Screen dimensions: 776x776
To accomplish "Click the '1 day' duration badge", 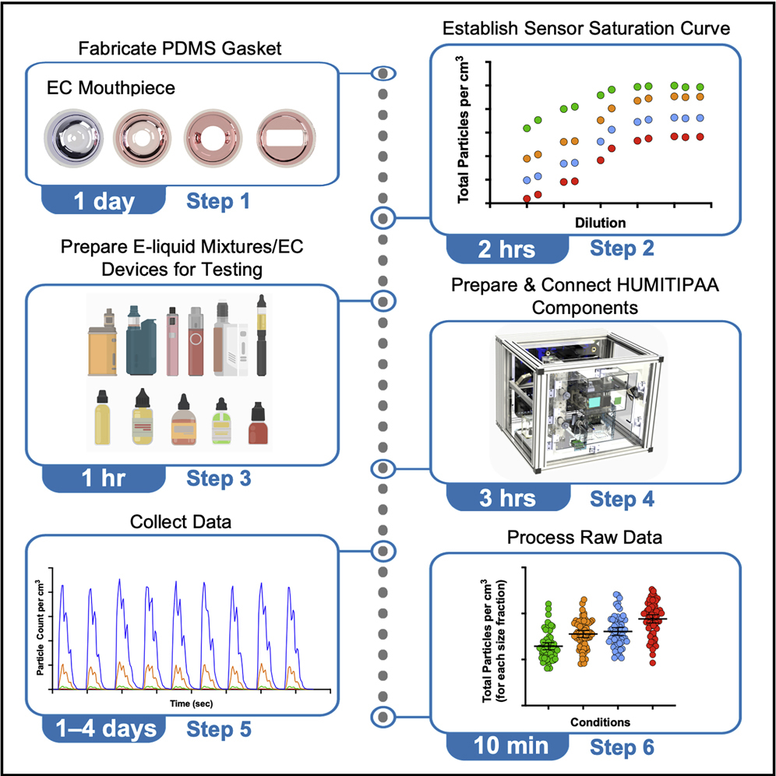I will (104, 202).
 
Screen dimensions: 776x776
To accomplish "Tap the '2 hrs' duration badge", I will (507, 249).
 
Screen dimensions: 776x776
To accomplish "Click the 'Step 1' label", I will (218, 202).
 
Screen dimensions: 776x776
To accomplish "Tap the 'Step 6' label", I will (622, 746).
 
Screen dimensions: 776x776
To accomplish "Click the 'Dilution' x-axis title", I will (600, 223).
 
